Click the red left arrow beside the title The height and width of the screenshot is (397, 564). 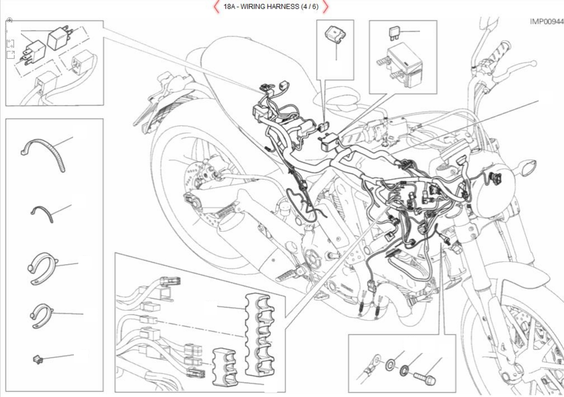(x=216, y=7)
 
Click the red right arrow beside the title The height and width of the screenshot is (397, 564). (x=326, y=7)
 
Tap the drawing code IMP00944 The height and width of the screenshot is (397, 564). (x=546, y=22)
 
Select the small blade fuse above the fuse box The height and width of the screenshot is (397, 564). (x=394, y=33)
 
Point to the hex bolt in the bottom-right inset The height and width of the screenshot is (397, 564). (x=424, y=378)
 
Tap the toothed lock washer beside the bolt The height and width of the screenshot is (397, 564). (x=404, y=370)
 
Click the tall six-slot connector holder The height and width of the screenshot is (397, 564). (x=260, y=335)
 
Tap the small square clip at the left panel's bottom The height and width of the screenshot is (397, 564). (x=38, y=360)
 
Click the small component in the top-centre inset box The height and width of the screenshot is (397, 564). (x=335, y=34)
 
